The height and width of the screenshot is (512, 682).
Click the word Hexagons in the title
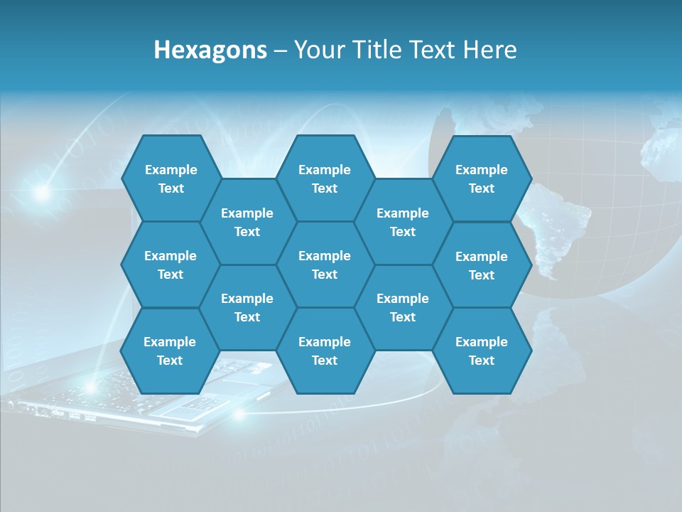coord(210,50)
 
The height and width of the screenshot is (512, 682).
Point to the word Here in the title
coord(489,50)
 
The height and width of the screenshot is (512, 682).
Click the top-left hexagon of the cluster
coord(170,178)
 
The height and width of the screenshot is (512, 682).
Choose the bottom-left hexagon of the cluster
coord(170,351)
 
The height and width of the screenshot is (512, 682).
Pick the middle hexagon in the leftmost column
coord(170,265)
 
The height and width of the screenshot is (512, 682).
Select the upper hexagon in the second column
coord(247,222)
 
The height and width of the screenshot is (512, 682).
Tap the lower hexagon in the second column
coord(247,307)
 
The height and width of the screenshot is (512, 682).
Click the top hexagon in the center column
coord(325,178)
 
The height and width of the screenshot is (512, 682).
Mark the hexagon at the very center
coord(325,265)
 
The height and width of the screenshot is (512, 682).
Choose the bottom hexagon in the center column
coord(325,351)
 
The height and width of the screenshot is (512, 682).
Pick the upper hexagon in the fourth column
coord(403,222)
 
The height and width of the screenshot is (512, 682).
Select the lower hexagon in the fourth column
coord(403,307)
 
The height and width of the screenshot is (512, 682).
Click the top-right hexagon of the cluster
coord(482,178)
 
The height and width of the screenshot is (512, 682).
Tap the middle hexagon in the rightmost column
coord(482,265)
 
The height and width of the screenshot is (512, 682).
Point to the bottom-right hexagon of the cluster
coord(482,351)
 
